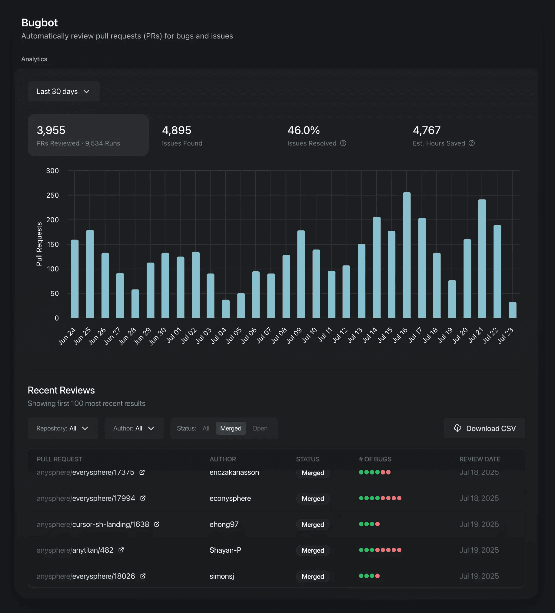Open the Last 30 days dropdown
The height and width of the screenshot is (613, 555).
tap(63, 92)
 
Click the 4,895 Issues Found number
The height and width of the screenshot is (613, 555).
tap(177, 130)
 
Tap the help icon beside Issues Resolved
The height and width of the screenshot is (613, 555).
tap(343, 143)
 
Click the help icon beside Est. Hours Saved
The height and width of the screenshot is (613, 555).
tap(471, 143)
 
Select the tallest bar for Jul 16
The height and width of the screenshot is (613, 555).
tap(407, 255)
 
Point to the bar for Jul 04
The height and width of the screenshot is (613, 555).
tap(226, 309)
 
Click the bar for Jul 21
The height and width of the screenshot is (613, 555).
tap(482, 259)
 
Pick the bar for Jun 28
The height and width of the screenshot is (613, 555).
tap(135, 303)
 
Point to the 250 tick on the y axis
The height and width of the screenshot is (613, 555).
tap(52, 195)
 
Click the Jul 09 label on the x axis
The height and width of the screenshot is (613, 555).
tap(294, 335)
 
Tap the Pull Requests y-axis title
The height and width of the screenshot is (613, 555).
tap(39, 244)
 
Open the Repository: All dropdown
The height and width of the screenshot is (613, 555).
tap(63, 428)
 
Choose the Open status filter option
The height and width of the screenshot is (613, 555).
tap(260, 428)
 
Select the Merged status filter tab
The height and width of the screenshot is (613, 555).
tap(231, 428)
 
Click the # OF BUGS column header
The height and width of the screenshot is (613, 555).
tap(375, 459)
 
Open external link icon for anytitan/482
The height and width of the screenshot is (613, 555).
tap(121, 550)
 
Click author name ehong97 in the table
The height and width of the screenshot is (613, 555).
tap(224, 524)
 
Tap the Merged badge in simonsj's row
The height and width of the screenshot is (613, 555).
tap(313, 577)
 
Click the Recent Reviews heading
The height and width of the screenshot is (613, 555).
tap(61, 390)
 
